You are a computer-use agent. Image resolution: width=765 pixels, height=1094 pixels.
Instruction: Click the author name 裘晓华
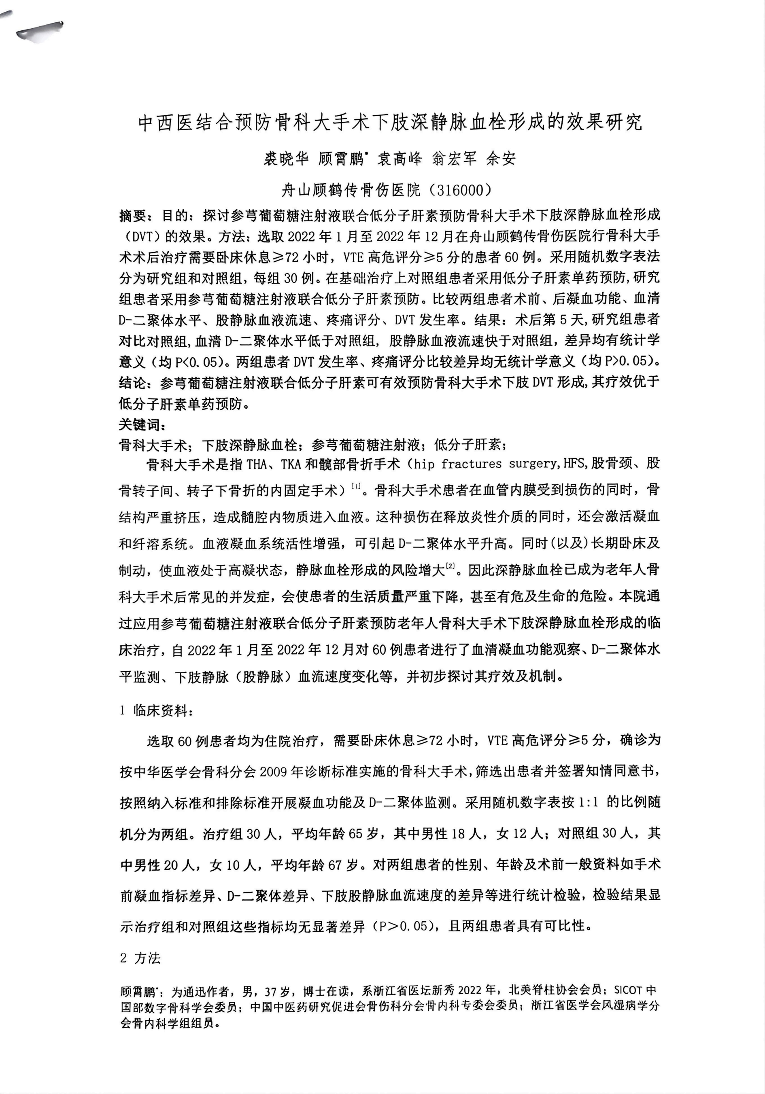click(x=287, y=159)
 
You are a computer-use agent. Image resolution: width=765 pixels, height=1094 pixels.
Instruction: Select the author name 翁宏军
click(x=454, y=159)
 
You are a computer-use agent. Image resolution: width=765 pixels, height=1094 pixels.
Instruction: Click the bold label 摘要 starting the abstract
click(x=133, y=216)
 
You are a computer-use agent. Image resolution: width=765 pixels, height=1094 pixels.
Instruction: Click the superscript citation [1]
click(x=355, y=486)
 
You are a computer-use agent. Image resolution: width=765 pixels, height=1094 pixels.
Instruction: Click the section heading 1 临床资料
click(x=156, y=711)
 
